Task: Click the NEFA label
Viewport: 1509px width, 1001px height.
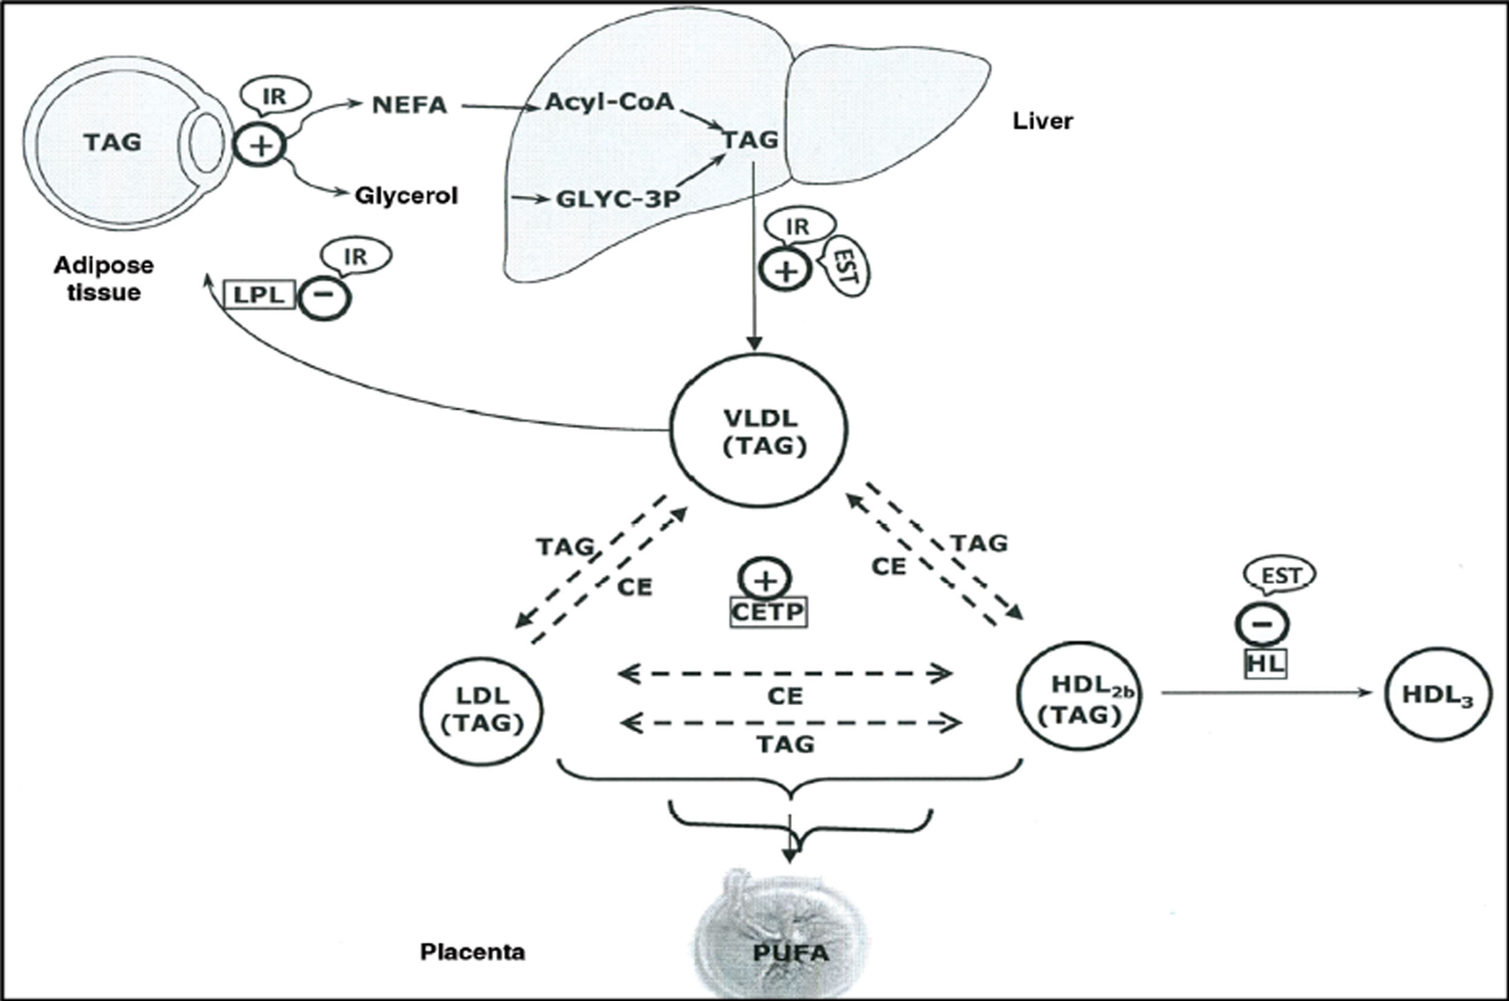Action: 409,105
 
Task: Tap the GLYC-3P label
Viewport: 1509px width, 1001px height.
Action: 617,199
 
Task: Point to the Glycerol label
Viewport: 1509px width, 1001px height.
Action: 406,196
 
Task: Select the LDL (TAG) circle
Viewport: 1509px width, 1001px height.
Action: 482,711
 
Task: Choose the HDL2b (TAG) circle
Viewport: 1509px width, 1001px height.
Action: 1080,696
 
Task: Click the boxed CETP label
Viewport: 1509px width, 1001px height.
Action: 768,612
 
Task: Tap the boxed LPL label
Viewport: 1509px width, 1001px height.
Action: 260,296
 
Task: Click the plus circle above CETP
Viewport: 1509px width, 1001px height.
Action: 765,580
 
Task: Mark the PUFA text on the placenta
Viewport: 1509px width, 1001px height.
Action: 790,954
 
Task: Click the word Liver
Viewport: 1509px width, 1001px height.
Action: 1042,121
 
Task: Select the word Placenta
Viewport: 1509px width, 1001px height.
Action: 473,952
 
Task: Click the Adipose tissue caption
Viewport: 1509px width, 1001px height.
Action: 103,278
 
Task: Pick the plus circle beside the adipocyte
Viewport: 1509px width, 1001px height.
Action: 260,146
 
